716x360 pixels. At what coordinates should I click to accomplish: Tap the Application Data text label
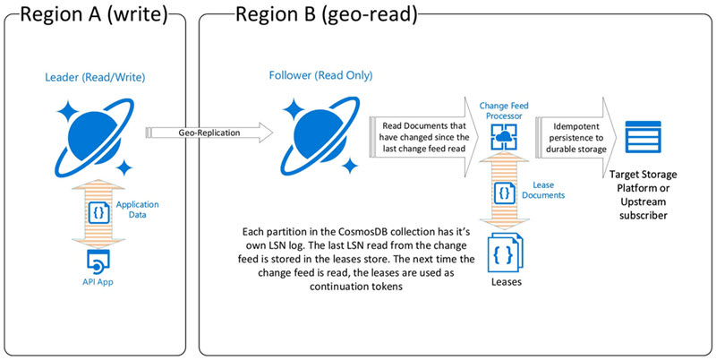point(133,210)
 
